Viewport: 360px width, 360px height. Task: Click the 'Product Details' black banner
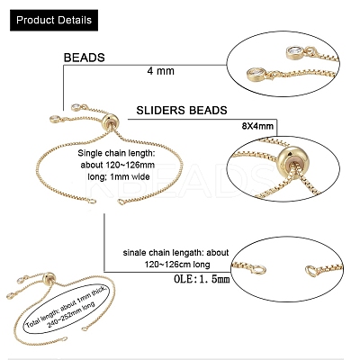coord(54,20)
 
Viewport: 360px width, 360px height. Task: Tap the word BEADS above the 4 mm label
coord(85,58)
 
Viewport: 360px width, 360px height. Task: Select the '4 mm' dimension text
coord(161,71)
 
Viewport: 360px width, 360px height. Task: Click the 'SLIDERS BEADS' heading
coord(182,111)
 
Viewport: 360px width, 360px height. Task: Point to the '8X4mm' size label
coord(257,126)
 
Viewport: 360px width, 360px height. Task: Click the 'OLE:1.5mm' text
coord(202,279)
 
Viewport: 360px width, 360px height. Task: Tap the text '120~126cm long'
coord(177,265)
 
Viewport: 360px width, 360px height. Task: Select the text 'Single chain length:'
coord(116,153)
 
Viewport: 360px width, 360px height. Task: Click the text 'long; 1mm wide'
coord(119,176)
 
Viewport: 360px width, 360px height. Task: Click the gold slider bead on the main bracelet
coord(110,122)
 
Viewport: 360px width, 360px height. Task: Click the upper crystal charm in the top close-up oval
coord(293,52)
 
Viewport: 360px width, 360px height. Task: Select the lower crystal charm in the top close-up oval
coord(257,75)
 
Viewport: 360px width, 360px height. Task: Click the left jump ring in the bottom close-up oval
coord(259,270)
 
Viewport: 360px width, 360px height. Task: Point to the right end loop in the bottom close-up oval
coord(313,271)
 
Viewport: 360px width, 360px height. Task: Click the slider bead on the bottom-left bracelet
coord(49,279)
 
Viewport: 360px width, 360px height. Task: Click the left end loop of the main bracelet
coord(92,201)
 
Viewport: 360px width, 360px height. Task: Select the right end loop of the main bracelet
coord(121,202)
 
